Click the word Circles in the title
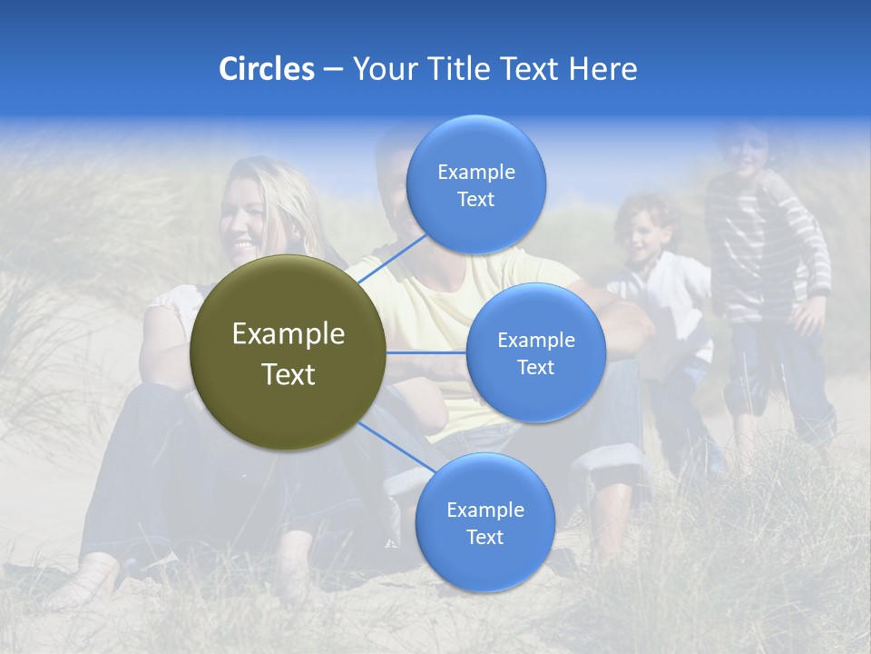[266, 69]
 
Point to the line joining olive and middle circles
[426, 352]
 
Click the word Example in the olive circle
[289, 334]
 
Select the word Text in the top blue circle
[475, 200]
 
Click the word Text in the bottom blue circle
[484, 538]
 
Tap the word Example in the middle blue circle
[535, 341]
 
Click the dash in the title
[333, 70]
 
